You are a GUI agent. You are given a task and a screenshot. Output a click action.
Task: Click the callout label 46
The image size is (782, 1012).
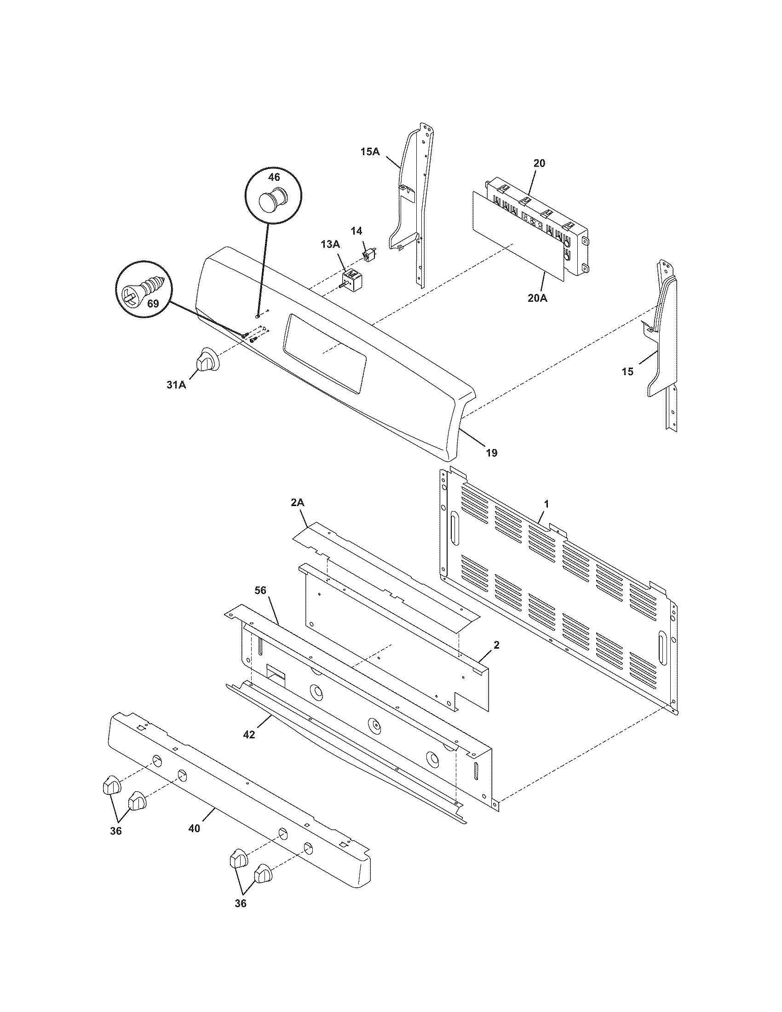pos(274,177)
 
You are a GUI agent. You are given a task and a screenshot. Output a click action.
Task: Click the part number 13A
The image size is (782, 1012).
pos(331,244)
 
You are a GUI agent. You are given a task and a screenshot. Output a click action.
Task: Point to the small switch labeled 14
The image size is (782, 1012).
pos(370,254)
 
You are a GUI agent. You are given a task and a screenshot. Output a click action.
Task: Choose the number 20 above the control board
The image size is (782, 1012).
pos(539,163)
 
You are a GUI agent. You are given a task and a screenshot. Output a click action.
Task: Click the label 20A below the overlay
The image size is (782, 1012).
pos(537,299)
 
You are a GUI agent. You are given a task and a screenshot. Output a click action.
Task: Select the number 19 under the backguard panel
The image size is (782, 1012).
pos(492,453)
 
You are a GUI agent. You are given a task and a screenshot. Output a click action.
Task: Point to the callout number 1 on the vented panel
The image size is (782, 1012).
pos(546,503)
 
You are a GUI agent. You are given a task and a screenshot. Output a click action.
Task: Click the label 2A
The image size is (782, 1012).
pos(298,502)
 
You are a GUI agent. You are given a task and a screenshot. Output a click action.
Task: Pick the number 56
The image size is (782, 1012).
pos(261,590)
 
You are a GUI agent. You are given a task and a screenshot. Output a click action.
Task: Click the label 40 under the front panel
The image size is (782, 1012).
pos(195,828)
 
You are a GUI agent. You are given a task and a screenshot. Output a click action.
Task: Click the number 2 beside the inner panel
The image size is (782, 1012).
pos(496,645)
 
